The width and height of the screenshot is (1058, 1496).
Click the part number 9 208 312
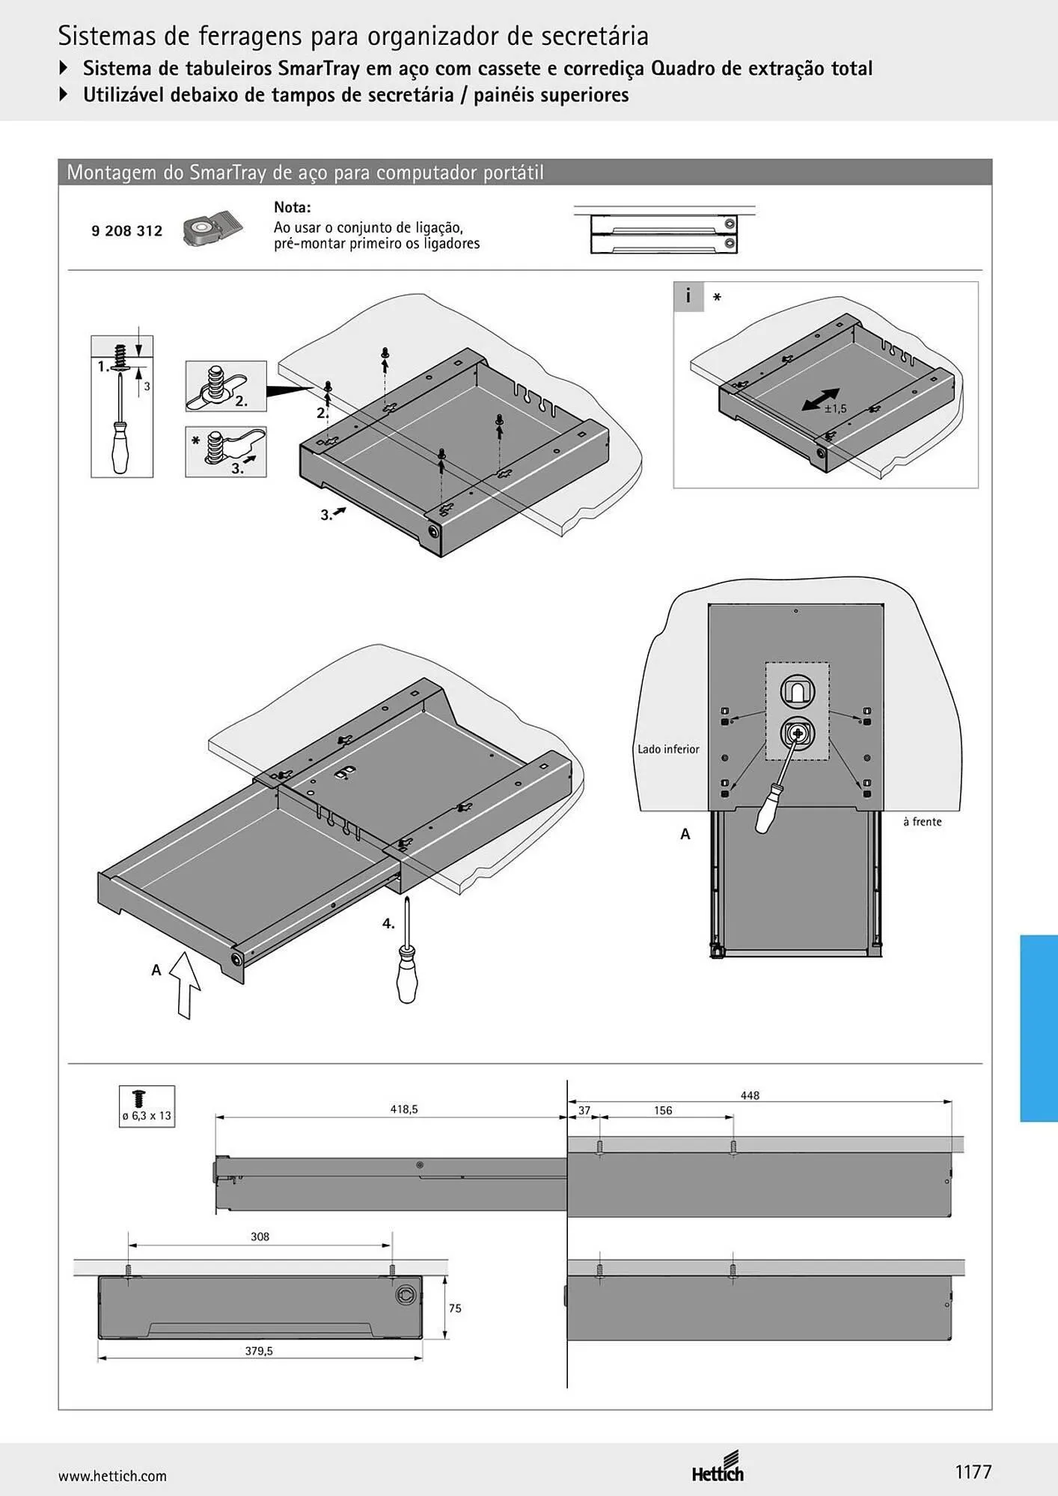(x=126, y=231)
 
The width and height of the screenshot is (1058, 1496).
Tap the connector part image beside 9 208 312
(x=212, y=230)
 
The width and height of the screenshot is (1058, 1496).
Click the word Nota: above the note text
(x=292, y=207)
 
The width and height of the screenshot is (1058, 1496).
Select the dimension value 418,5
(x=403, y=1109)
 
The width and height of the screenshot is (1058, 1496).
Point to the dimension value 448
(x=750, y=1095)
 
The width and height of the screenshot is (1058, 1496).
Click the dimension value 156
(x=663, y=1110)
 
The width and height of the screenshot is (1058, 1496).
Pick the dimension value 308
(x=260, y=1236)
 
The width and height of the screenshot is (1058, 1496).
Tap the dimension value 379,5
(x=259, y=1351)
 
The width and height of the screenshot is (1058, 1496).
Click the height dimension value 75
(x=455, y=1308)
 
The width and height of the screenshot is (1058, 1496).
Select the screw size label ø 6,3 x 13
(x=147, y=1115)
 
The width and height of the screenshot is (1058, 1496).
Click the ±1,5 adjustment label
(x=835, y=408)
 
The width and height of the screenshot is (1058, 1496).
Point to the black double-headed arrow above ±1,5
(x=820, y=399)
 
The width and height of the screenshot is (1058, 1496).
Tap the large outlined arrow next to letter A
(x=185, y=985)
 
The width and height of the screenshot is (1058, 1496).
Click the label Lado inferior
(x=668, y=749)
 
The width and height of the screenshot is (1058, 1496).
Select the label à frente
(x=922, y=821)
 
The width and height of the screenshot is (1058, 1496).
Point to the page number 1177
(x=973, y=1472)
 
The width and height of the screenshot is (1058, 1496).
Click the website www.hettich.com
(x=112, y=1476)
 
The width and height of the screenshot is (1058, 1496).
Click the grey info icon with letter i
(x=688, y=296)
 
